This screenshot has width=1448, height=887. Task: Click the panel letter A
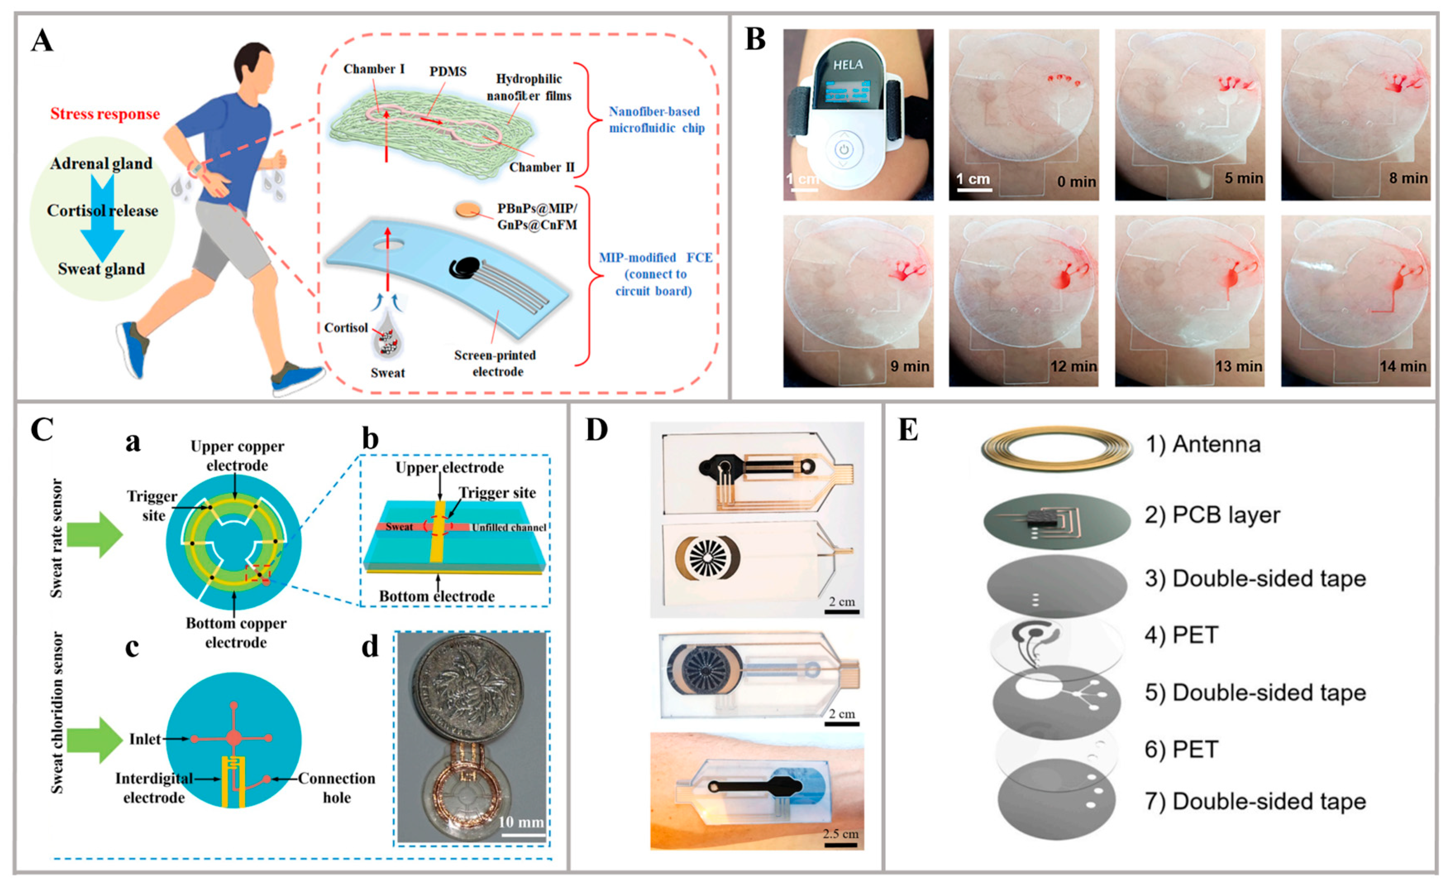pyautogui.click(x=42, y=41)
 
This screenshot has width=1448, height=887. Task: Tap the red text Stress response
pyautogui.click(x=105, y=114)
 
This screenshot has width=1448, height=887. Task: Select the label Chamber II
pyautogui.click(x=541, y=167)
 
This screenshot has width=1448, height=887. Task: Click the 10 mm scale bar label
pyautogui.click(x=521, y=821)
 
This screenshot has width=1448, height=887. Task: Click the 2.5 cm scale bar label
pyautogui.click(x=840, y=834)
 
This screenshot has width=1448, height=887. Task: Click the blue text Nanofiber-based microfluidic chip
pyautogui.click(x=656, y=120)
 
